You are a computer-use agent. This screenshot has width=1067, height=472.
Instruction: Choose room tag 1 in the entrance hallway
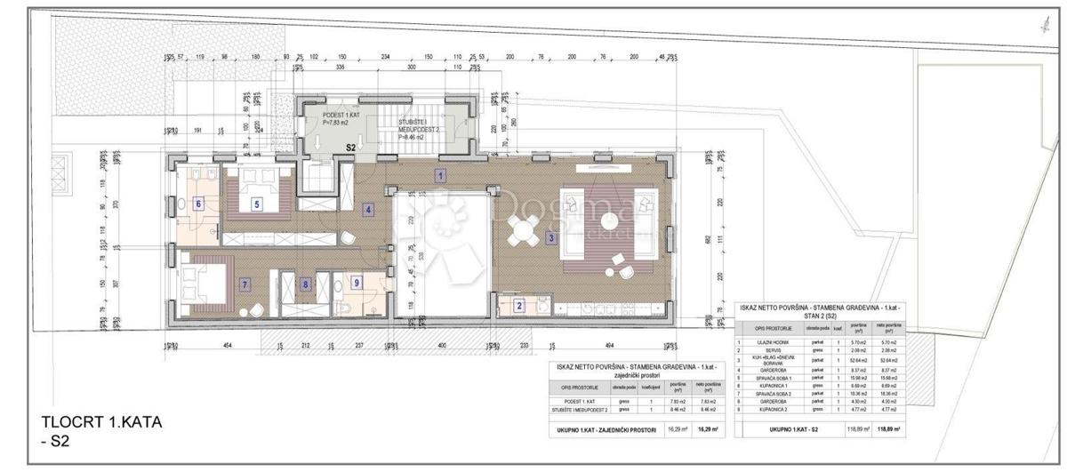[x=440, y=175]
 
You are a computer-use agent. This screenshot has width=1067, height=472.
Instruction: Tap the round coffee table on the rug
[x=608, y=220]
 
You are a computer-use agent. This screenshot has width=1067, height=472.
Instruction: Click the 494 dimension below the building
[x=609, y=347]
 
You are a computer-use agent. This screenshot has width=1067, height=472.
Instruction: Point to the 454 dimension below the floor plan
[x=227, y=347]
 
